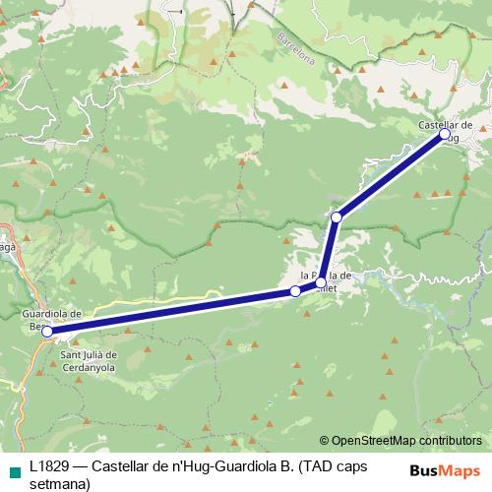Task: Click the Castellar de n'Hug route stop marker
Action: click(x=444, y=134)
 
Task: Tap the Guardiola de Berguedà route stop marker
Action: click(x=47, y=332)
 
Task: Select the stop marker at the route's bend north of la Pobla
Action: click(x=337, y=216)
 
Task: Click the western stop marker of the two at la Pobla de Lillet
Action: click(x=295, y=291)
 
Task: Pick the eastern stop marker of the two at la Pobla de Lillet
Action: click(x=321, y=283)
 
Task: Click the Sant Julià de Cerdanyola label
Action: click(x=90, y=361)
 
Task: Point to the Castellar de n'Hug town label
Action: click(x=446, y=126)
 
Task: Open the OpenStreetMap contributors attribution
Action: click(x=406, y=441)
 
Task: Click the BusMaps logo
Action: click(x=445, y=469)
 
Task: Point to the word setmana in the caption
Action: click(x=60, y=483)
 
